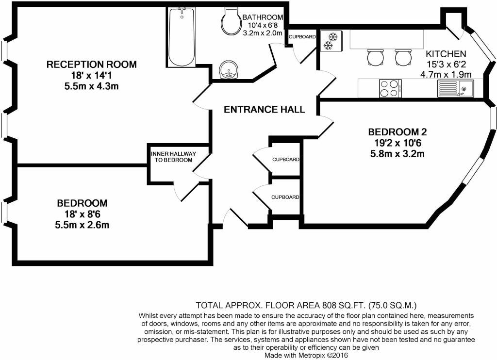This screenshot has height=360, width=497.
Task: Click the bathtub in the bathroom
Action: point(182,37)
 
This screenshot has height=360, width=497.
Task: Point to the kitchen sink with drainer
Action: point(455,88)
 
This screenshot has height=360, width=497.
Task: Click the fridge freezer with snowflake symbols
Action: point(331,41)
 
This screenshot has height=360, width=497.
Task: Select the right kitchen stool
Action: point(404,57)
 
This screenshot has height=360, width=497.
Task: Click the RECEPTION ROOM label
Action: point(92,65)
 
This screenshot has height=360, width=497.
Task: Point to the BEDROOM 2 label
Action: point(398,131)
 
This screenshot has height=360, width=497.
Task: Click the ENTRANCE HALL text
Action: point(264,109)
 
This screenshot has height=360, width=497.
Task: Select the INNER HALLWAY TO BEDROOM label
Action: point(174,157)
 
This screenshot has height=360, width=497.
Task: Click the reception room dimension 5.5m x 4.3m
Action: point(92,86)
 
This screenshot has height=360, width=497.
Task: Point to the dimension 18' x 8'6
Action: point(82,214)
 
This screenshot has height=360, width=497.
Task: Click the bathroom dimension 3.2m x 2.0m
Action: point(262,33)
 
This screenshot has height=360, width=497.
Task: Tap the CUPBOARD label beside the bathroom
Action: point(302,37)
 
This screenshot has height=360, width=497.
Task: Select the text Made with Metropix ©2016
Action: point(306,355)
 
